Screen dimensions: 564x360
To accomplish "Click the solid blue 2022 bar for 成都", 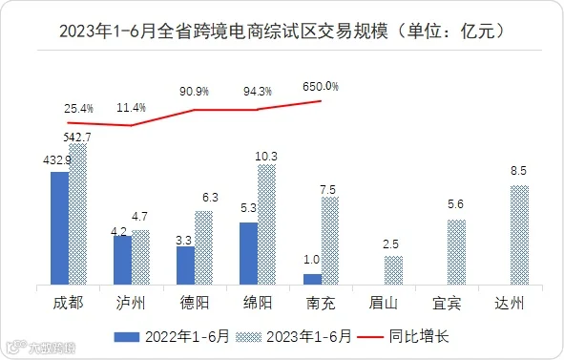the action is tap(59, 228).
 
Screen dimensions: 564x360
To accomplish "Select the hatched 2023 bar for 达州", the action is tap(519, 235).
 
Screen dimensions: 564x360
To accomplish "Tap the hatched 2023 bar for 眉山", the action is tap(393, 270).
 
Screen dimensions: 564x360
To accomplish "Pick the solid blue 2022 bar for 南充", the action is tap(312, 280).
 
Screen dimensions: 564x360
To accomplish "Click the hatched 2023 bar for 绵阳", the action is tap(267, 224).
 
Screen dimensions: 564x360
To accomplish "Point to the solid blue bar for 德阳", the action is tap(185, 265).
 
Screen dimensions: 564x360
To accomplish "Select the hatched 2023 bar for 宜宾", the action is tap(456, 252).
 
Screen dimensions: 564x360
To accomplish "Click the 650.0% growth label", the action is tap(321, 87).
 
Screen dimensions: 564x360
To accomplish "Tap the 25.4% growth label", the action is tap(79, 108).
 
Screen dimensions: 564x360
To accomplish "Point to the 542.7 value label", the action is tap(77, 138).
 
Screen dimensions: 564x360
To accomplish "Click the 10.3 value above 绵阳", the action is tap(266, 157).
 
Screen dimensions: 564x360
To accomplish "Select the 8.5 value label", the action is tap(519, 171).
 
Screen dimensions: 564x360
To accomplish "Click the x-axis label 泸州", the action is tap(131, 303).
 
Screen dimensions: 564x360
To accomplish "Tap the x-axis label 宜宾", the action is tap(447, 303).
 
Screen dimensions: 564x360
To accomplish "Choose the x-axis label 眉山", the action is tap(383, 303).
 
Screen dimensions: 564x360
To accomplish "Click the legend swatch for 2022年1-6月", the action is tap(127, 337).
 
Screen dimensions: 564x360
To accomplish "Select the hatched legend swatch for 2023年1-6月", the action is tap(248, 337).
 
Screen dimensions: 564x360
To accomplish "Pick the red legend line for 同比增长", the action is tap(370, 337).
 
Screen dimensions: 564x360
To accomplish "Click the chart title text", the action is tap(282, 32).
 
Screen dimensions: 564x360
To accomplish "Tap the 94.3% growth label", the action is tap(258, 92).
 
